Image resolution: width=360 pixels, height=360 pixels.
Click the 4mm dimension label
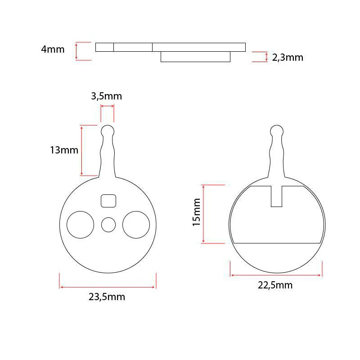click(53, 49)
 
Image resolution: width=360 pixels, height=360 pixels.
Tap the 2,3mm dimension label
click(288, 58)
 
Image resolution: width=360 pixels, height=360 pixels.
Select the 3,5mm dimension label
click(107, 96)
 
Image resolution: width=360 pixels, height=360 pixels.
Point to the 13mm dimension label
click(64, 150)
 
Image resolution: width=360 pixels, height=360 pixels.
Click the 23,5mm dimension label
click(107, 297)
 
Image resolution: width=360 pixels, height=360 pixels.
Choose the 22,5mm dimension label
click(276, 285)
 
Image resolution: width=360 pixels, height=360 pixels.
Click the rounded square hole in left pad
click(109, 201)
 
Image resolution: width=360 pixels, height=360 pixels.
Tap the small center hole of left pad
click(108, 225)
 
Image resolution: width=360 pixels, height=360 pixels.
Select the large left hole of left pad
click(81, 225)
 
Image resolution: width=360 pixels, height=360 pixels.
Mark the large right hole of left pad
click(136, 225)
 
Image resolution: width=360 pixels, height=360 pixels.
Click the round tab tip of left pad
click(107, 131)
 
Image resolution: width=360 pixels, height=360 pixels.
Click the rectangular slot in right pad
click(276, 196)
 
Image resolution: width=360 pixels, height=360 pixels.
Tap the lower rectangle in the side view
click(195, 57)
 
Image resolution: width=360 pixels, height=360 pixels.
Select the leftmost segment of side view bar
click(104, 47)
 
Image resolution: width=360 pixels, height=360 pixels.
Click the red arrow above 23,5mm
click(108, 287)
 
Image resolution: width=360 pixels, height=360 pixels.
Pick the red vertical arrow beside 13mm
click(81, 150)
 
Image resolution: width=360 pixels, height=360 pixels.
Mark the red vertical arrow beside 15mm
click(204, 214)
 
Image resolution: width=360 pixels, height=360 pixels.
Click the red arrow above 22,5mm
click(276, 275)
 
